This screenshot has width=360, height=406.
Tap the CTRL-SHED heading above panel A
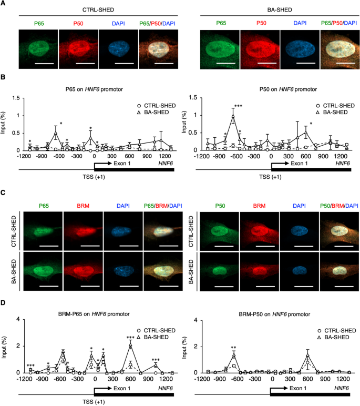pyautogui.click(x=98, y=10)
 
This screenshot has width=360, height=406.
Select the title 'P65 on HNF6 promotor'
pyautogui.click(x=94, y=89)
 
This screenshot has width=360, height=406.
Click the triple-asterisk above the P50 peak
pyautogui.click(x=239, y=106)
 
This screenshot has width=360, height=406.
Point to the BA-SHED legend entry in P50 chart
pyautogui.click(x=332, y=113)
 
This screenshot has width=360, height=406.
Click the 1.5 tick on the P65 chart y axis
pyautogui.click(x=16, y=98)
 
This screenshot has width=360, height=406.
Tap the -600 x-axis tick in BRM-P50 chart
pyautogui.click(x=236, y=379)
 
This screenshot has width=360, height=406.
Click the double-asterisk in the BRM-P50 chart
pyautogui.click(x=234, y=348)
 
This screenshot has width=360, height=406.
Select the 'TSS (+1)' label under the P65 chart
pyautogui.click(x=94, y=177)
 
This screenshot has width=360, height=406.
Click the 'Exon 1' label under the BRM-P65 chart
pyautogui.click(x=122, y=389)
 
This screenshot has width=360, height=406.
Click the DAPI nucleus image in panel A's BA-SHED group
pyautogui.click(x=300, y=49)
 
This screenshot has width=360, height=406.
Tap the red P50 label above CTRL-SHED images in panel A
pyautogui.click(x=78, y=24)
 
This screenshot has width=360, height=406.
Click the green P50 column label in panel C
pyautogui.click(x=220, y=206)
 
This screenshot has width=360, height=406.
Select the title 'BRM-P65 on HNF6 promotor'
pyautogui.click(x=94, y=314)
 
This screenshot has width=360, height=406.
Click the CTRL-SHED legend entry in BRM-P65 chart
pyautogui.click(x=156, y=331)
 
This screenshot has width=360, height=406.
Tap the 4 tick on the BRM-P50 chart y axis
pyautogui.click(x=196, y=320)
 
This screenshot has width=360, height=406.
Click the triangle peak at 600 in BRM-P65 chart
pyautogui.click(x=131, y=346)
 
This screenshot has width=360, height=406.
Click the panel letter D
pyautogui.click(x=3, y=303)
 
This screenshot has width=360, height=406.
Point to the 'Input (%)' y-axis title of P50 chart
pyautogui.click(x=184, y=122)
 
